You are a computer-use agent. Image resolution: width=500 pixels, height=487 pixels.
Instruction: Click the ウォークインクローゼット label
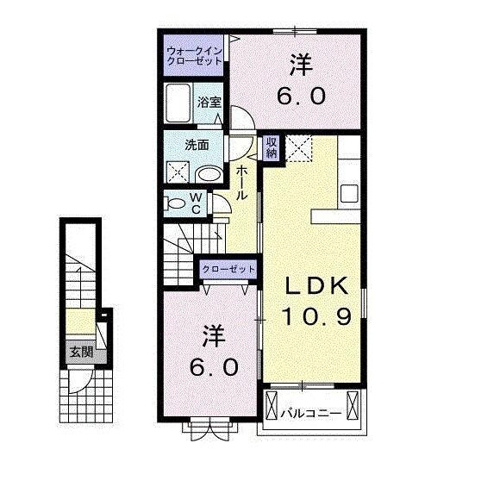click(x=195, y=55)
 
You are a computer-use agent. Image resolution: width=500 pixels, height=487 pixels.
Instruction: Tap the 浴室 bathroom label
click(x=209, y=102)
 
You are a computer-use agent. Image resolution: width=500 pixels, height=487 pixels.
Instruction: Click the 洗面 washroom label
click(x=197, y=145)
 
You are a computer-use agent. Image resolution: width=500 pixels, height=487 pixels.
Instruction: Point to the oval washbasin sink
click(x=209, y=172)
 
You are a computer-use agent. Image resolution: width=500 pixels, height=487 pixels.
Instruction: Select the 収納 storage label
click(x=271, y=148)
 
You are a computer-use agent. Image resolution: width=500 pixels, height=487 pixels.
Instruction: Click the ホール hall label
click(x=242, y=183)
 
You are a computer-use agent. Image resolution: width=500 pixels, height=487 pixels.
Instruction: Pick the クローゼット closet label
click(x=229, y=270)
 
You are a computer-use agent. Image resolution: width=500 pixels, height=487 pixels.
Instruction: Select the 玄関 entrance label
click(x=82, y=351)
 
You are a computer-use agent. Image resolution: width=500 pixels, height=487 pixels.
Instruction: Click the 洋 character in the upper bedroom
click(x=299, y=64)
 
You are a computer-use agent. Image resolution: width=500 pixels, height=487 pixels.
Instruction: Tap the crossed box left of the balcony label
click(x=272, y=405)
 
